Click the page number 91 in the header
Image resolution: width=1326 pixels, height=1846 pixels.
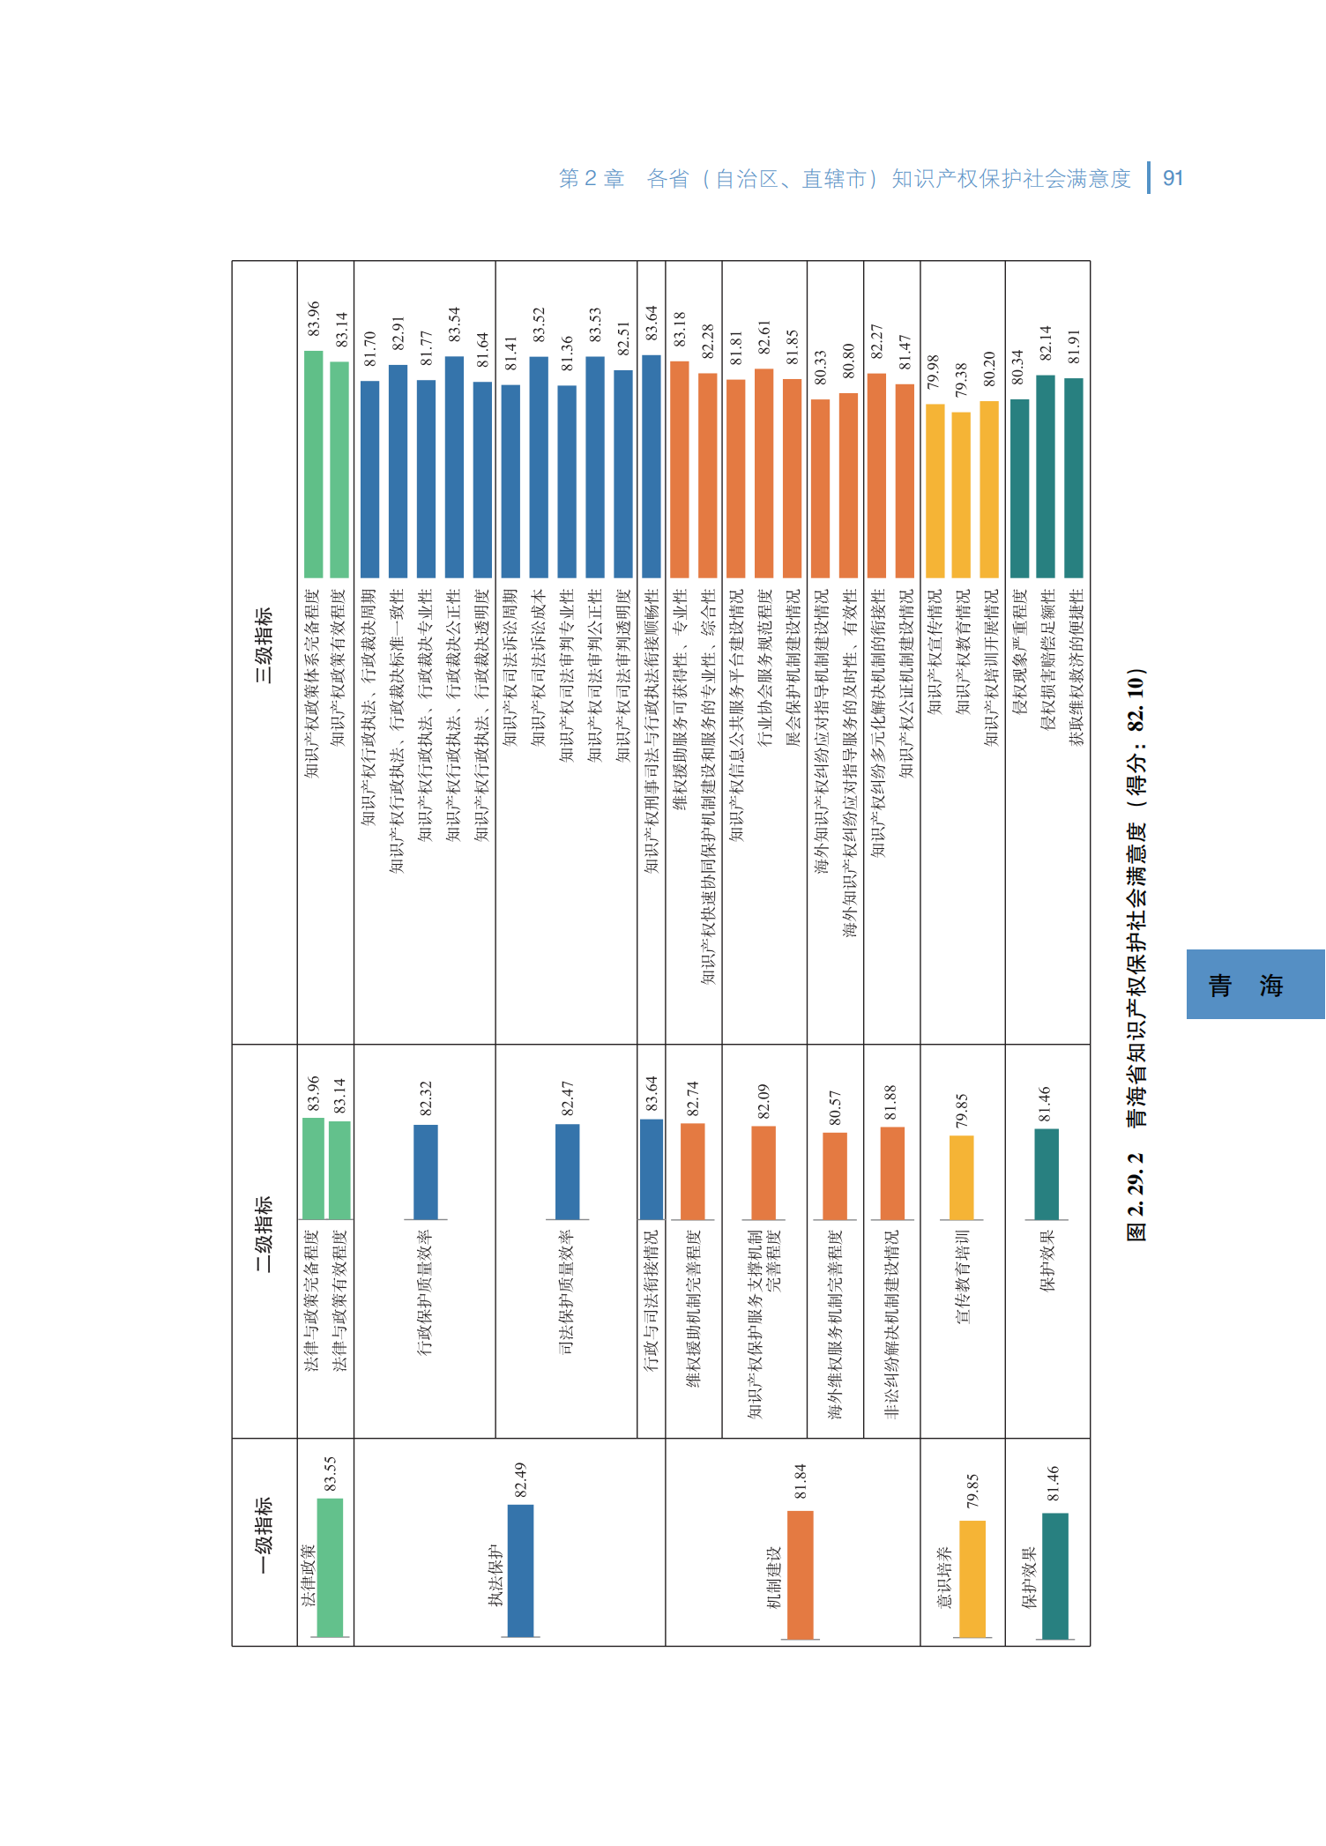pos(1173,178)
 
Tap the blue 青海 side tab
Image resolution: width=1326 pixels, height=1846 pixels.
pos(1255,984)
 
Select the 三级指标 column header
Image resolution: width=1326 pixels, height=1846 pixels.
pos(264,645)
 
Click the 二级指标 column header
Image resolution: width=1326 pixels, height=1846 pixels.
pos(264,1233)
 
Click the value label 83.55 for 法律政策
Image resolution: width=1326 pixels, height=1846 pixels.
pos(330,1474)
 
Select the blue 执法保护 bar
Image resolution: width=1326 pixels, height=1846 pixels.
pos(520,1571)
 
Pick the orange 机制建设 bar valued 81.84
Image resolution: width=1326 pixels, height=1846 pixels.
pos(800,1575)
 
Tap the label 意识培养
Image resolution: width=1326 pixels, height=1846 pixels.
pos(943,1578)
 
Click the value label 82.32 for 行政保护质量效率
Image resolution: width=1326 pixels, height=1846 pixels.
pos(426,1099)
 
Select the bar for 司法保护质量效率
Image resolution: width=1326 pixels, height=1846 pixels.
pos(568,1172)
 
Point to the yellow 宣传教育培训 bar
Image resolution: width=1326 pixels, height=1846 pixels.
pos(962,1178)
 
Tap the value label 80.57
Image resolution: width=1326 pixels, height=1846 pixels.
pos(835,1107)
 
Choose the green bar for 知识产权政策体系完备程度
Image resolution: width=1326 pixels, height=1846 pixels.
pos(313,464)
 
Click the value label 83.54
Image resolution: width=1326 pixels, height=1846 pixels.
pos(454,324)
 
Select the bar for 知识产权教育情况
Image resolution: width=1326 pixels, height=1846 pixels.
pos(961,495)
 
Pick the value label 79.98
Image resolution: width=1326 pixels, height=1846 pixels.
pos(934,372)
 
